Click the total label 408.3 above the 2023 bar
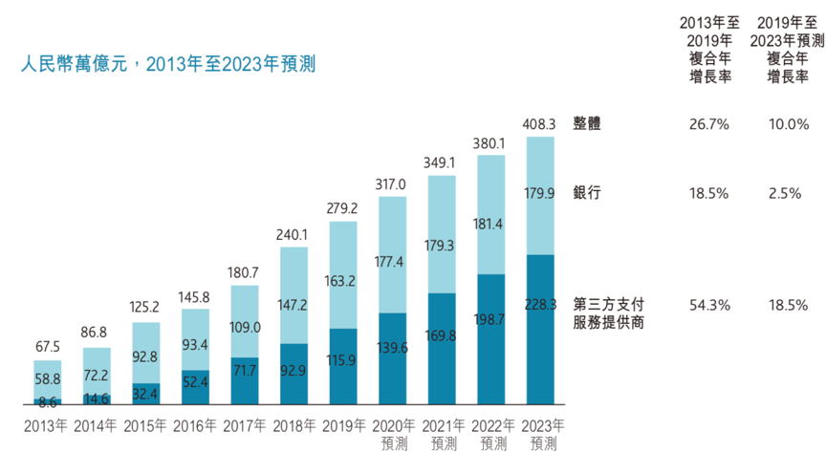click(x=540, y=124)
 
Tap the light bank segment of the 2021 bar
click(x=442, y=229)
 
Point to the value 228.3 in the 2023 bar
click(x=540, y=305)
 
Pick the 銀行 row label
click(x=587, y=193)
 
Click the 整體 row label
click(x=587, y=124)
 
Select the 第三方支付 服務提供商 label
click(x=607, y=313)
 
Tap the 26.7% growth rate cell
click(x=708, y=124)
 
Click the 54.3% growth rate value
click(x=708, y=305)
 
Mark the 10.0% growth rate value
click(x=789, y=124)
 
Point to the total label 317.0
click(x=392, y=183)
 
